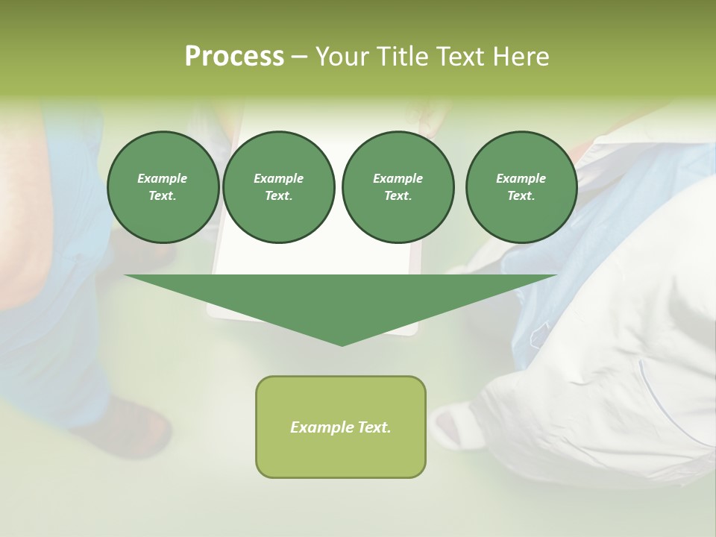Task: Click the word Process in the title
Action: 234,57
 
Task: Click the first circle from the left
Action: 163,187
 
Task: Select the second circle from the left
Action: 279,187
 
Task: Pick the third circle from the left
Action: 398,187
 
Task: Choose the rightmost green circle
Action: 521,187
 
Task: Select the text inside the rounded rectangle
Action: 341,427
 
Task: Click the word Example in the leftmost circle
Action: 163,178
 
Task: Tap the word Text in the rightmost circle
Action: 520,196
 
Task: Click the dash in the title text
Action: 300,57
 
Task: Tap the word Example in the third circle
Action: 398,178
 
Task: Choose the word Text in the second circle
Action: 277,196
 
